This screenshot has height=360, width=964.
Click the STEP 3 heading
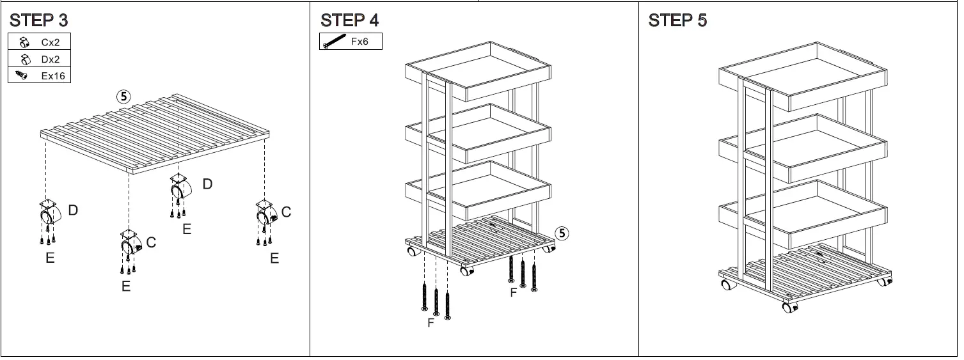(x=38, y=20)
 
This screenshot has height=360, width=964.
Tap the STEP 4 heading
(x=349, y=20)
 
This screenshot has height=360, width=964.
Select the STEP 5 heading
(x=677, y=20)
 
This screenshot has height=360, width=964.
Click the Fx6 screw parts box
(x=351, y=42)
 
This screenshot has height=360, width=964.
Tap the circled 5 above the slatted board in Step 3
(x=123, y=97)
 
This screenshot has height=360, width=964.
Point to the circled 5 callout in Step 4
(x=562, y=233)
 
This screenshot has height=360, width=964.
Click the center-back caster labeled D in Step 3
(x=179, y=188)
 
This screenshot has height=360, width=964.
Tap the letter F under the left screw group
(x=431, y=323)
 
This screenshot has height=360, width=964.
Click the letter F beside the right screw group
(x=512, y=293)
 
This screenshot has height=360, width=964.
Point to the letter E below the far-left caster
(x=49, y=258)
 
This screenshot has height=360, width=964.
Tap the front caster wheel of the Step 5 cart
(x=789, y=307)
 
